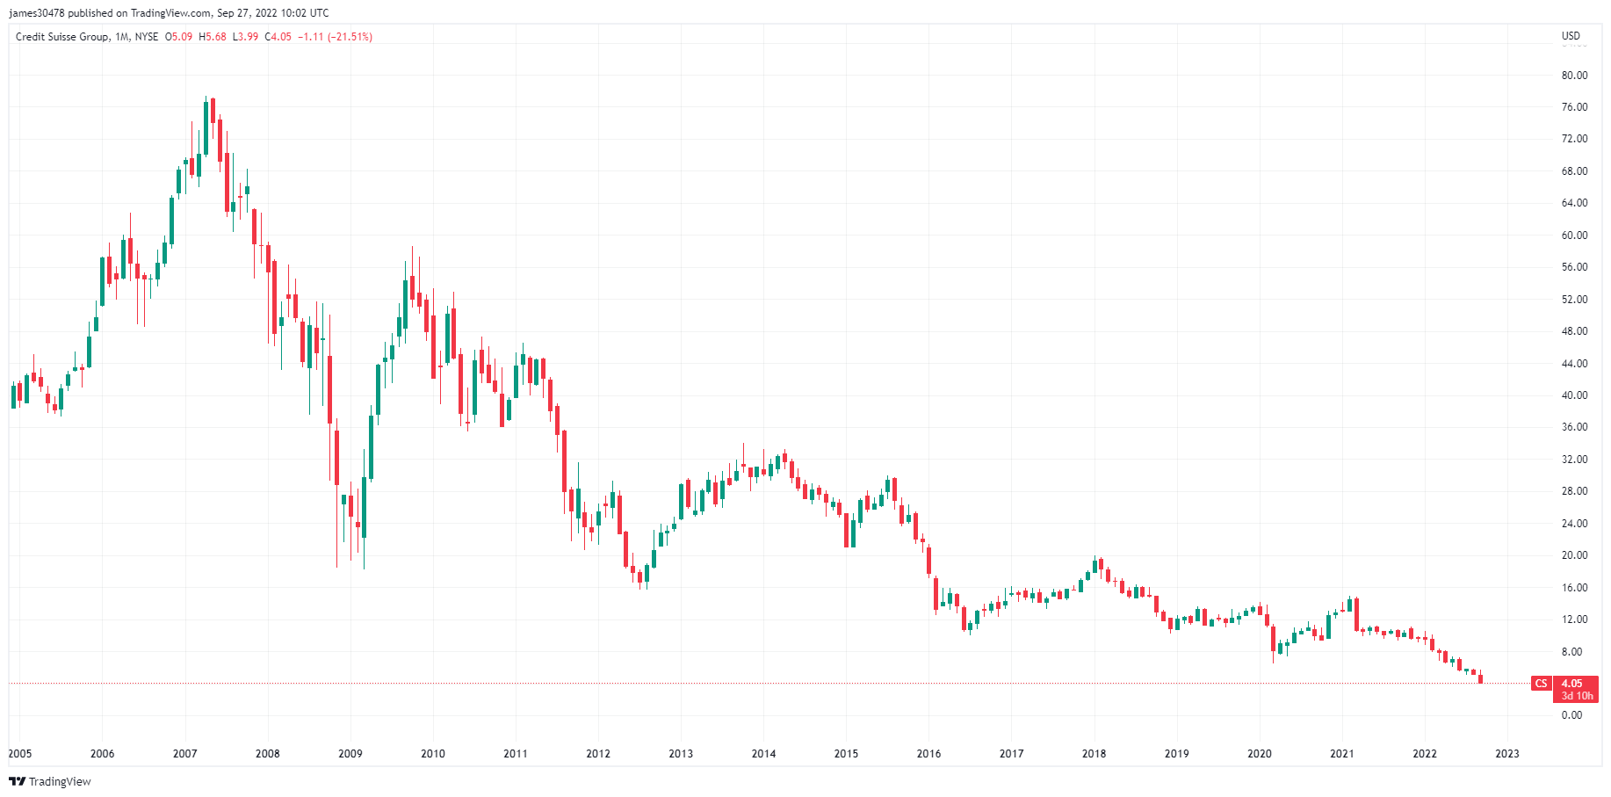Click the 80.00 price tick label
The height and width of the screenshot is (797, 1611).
[x=1574, y=76]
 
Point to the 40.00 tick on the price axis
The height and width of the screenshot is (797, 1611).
[x=1574, y=395]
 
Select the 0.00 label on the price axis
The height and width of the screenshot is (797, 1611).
[x=1571, y=715]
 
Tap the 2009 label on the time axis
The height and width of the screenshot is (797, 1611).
[x=350, y=754]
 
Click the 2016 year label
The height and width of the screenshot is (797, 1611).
[x=928, y=754]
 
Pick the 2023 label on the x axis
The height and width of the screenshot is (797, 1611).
[x=1506, y=754]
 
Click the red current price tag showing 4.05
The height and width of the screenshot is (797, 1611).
[x=1571, y=684]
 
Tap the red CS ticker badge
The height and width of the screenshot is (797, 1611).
[x=1541, y=684]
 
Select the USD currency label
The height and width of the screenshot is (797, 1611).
[x=1571, y=36]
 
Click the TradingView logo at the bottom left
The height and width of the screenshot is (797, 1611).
[x=50, y=781]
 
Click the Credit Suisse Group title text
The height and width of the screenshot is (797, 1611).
[x=62, y=37]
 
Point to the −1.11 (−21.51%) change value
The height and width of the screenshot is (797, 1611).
[x=335, y=37]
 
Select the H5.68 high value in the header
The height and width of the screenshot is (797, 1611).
[x=213, y=37]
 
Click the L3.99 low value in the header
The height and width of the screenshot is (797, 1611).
[x=245, y=37]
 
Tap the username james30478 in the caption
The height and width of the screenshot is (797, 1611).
[x=37, y=13]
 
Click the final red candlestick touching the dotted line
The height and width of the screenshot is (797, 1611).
[x=1481, y=677]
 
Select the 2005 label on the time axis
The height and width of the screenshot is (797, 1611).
[x=19, y=754]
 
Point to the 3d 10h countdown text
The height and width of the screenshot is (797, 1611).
[x=1577, y=696]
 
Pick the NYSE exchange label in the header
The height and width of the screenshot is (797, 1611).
[x=147, y=37]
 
